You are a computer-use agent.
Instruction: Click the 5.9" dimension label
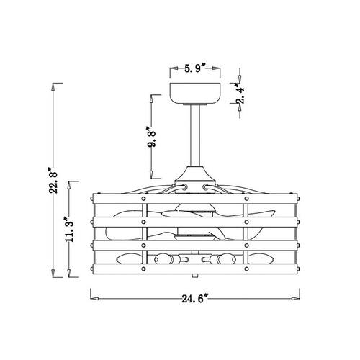point(195,68)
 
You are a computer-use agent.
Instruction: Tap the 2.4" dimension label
point(240,93)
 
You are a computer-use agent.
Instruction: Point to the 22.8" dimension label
point(53,179)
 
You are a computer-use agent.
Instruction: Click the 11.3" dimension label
point(69,229)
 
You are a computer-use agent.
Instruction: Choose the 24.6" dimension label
point(194,299)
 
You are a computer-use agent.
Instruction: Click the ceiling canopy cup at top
point(195,94)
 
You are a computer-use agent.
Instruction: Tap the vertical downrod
point(195,135)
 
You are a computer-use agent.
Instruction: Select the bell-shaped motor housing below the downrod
point(195,174)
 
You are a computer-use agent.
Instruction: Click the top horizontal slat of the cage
point(195,199)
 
